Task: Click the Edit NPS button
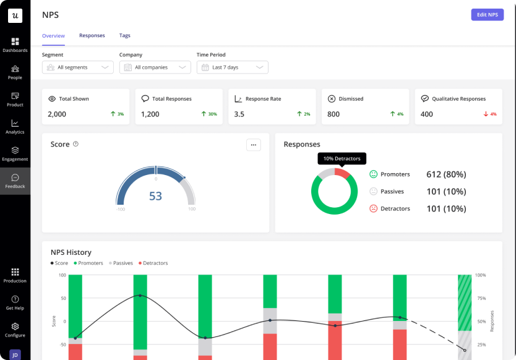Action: [487, 15]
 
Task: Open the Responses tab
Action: [92, 35]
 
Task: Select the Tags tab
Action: [125, 35]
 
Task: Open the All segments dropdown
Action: [78, 67]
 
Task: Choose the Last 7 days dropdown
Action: [233, 67]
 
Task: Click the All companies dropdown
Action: [155, 67]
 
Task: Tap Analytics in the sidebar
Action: [15, 127]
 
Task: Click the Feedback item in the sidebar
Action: [15, 181]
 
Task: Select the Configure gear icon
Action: [15, 327]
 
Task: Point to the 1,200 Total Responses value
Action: [150, 114]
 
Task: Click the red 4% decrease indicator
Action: [490, 114]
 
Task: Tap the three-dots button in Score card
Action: [254, 145]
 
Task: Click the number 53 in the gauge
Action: [155, 196]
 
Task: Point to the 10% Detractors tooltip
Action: [342, 158]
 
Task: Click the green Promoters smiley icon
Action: [373, 174]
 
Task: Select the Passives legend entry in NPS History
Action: [121, 264]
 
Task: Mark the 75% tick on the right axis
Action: [481, 299]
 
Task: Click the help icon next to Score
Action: [75, 144]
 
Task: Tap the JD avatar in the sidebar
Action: [15, 354]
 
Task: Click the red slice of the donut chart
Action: [342, 173]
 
